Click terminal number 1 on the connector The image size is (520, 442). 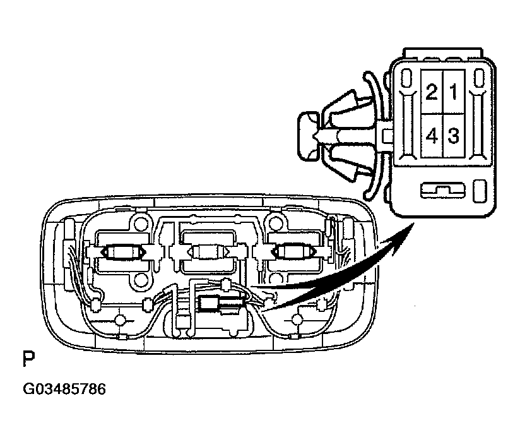pos(454,93)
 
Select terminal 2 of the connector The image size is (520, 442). pos(432,93)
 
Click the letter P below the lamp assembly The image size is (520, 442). pos(28,361)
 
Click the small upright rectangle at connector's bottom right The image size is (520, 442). pos(479,189)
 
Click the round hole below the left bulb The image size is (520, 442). pos(140,280)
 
